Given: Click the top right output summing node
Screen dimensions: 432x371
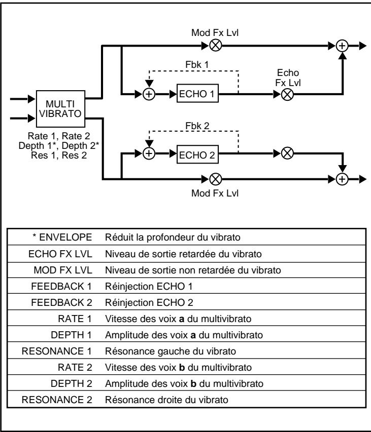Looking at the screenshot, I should click(x=344, y=45).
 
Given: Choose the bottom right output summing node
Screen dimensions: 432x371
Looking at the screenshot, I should click(x=344, y=178).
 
